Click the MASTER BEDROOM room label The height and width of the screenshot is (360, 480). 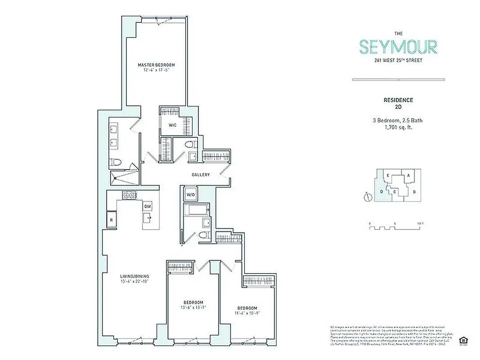[x=156, y=65]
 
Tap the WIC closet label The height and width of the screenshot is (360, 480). [x=172, y=125]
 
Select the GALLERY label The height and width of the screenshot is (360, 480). [x=201, y=175]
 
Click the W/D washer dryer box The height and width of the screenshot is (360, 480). [x=190, y=195]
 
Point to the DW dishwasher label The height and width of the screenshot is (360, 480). [x=147, y=206]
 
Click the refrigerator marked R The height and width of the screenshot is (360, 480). [x=111, y=220]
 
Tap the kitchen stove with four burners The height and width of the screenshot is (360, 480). [x=129, y=195]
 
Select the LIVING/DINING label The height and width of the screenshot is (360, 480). [x=135, y=276]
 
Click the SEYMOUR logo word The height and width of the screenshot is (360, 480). [x=398, y=47]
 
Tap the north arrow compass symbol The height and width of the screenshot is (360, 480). [x=368, y=197]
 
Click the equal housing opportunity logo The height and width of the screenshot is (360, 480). [x=462, y=340]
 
